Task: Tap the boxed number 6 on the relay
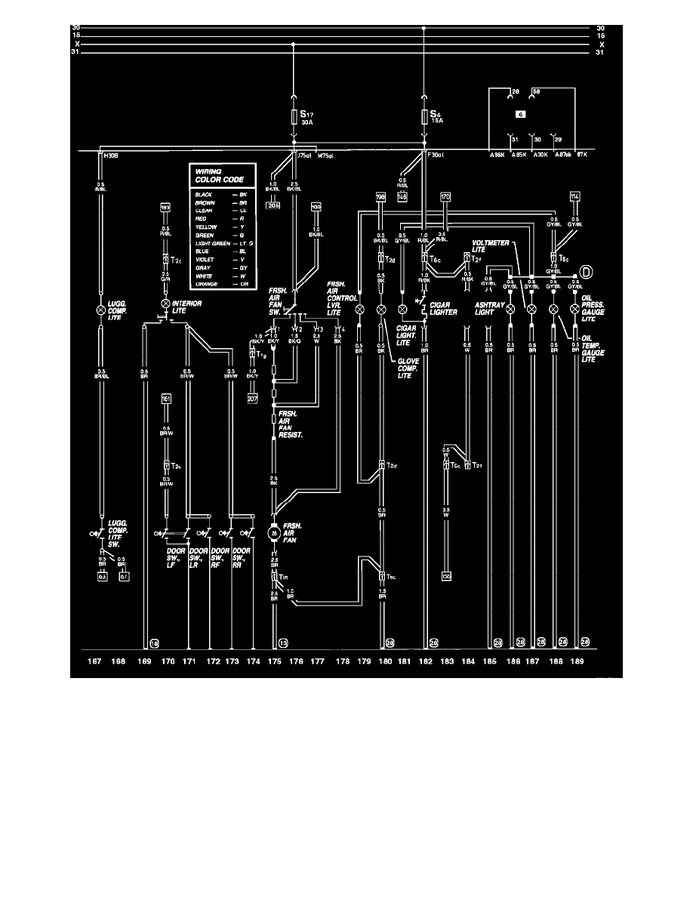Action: [x=520, y=114]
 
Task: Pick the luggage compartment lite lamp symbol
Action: [x=100, y=310]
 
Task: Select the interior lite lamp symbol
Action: [x=165, y=305]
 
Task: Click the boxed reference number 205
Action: [x=273, y=205]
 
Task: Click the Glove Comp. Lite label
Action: [x=409, y=368]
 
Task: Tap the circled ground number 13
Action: [x=283, y=643]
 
